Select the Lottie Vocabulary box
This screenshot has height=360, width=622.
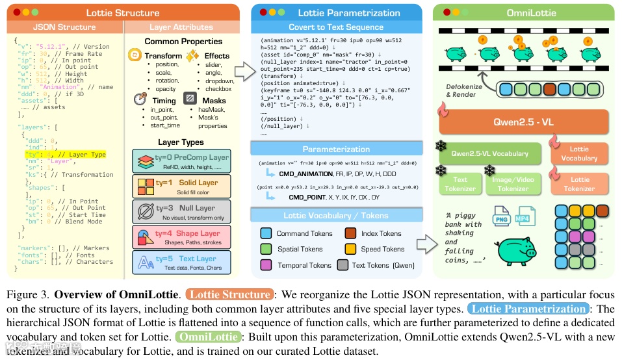pyautogui.click(x=579, y=154)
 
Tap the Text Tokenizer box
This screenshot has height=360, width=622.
pyautogui.click(x=460, y=184)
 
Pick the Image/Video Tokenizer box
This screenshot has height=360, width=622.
pyautogui.click(x=513, y=184)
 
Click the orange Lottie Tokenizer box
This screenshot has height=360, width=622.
pyautogui.click(x=580, y=184)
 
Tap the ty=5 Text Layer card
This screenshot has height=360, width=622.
pyautogui.click(x=180, y=264)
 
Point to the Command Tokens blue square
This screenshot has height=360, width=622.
pyautogui.click(x=265, y=233)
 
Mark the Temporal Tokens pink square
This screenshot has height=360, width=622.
pyautogui.click(x=265, y=265)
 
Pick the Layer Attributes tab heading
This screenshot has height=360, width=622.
pyautogui.click(x=181, y=27)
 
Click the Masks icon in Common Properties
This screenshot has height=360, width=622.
pyautogui.click(x=190, y=99)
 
